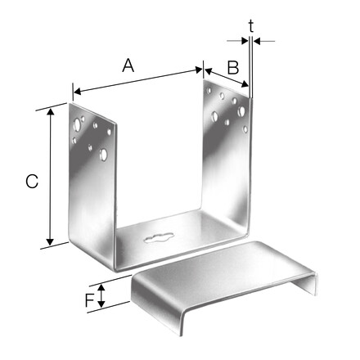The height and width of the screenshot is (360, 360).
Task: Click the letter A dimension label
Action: point(128,65)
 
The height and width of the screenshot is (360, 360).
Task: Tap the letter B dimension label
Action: point(233,67)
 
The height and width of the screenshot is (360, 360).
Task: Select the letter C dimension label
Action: point(32,182)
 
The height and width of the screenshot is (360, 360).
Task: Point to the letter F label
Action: point(90,300)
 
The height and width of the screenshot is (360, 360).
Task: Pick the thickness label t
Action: point(251,26)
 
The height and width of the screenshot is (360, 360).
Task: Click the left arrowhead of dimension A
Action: point(78,92)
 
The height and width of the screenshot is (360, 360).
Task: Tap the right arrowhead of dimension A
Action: point(199,70)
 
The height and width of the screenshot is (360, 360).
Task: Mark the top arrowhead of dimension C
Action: point(50,112)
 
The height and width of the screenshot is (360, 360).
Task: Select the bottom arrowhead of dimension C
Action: point(50,241)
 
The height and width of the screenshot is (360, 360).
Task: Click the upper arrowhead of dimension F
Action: point(101,287)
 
